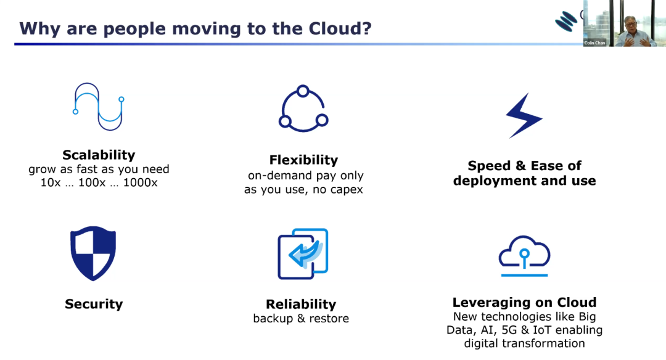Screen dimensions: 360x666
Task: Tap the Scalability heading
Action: (99, 155)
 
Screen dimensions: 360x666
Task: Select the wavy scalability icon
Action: (99, 107)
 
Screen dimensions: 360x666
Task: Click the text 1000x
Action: (140, 182)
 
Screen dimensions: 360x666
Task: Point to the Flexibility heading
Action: (303, 160)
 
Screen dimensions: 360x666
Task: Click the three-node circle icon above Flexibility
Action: (303, 109)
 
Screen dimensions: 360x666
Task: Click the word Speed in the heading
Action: (488, 166)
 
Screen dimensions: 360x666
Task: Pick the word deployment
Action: (491, 181)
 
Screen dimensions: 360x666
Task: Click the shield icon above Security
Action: (93, 253)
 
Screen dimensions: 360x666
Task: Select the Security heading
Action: (94, 304)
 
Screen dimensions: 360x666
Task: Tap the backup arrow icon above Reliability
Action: (303, 253)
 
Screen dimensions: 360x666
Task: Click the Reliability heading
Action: (301, 304)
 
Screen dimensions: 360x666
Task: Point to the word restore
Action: (329, 319)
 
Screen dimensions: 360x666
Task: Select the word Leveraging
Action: (491, 302)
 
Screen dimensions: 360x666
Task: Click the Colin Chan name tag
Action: (594, 43)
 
